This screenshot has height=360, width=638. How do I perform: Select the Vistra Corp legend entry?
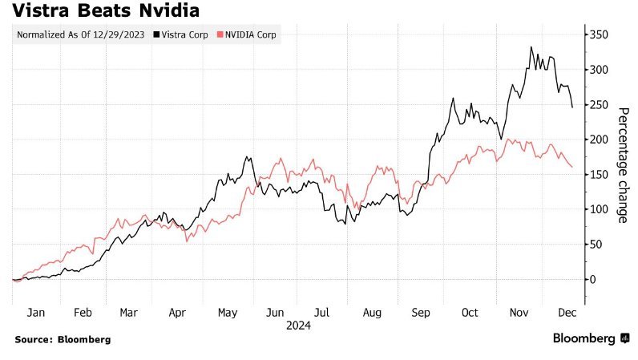pos(185,35)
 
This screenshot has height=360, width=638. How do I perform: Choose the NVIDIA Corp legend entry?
pos(248,35)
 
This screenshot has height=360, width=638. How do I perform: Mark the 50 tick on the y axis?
pos(593,245)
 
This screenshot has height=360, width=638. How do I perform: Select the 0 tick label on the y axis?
pos(591,279)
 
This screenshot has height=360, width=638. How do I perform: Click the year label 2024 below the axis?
pos(297,326)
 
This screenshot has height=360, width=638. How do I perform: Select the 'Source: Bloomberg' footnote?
pos(63,339)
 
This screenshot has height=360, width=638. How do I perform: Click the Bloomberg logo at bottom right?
pos(589,338)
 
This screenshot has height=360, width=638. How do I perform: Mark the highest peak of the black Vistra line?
pos(531,47)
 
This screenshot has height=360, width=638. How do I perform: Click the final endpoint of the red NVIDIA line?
pos(572,167)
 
